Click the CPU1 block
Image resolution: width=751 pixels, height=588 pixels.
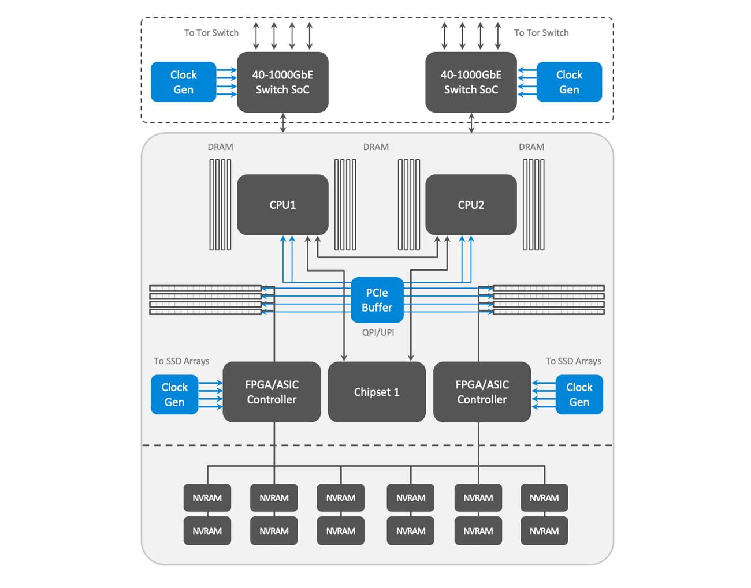pyautogui.click(x=282, y=205)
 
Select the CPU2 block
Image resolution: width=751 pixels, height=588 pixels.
pyautogui.click(x=471, y=205)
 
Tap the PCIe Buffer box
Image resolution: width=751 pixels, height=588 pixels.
pyautogui.click(x=377, y=300)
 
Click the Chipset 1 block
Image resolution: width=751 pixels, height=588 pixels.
pyautogui.click(x=377, y=392)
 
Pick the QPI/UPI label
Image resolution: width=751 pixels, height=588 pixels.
pyautogui.click(x=378, y=332)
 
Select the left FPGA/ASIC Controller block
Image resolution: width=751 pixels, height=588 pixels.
pyautogui.click(x=272, y=392)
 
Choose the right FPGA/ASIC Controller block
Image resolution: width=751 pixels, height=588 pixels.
pyautogui.click(x=482, y=392)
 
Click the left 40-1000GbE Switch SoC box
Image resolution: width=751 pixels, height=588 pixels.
pyautogui.click(x=282, y=82)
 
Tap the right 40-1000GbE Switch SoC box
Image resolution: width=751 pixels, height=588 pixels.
pyautogui.click(x=471, y=82)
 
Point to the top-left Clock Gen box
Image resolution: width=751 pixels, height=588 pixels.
pyautogui.click(x=183, y=82)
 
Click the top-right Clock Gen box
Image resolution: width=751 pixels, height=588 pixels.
pyautogui.click(x=569, y=82)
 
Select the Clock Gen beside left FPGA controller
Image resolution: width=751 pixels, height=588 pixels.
pyautogui.click(x=174, y=395)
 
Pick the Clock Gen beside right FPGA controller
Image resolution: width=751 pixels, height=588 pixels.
pyautogui.click(x=579, y=395)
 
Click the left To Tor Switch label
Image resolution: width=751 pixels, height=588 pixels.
pyautogui.click(x=211, y=33)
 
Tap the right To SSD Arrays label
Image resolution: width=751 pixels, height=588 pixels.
pyautogui.click(x=573, y=361)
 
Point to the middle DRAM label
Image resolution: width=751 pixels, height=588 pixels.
pyautogui.click(x=376, y=147)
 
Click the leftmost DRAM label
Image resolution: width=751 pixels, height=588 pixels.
pyautogui.click(x=221, y=147)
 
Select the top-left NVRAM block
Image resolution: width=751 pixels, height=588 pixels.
pyautogui.click(x=207, y=497)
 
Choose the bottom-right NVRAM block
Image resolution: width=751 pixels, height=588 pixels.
pyautogui.click(x=544, y=531)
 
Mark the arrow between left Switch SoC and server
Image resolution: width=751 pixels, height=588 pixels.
pyautogui.click(x=283, y=123)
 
